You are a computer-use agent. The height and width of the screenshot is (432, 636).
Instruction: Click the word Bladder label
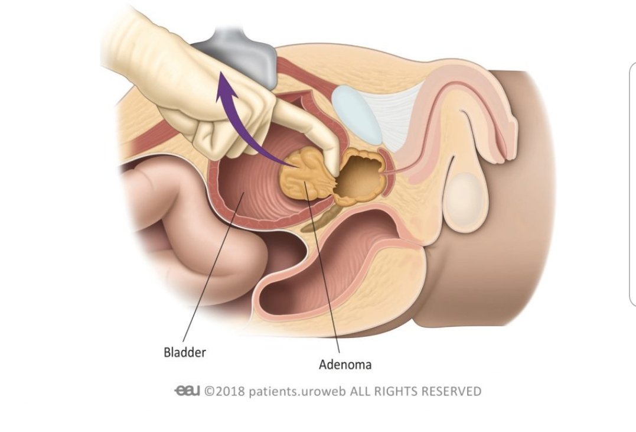[x=185, y=353]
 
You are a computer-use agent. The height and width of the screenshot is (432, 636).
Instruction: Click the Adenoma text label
[x=345, y=364]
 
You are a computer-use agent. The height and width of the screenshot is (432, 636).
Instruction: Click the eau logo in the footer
[x=187, y=391]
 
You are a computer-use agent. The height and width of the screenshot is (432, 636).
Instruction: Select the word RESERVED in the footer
[x=449, y=391]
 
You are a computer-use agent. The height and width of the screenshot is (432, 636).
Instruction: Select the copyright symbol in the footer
[x=210, y=391]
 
